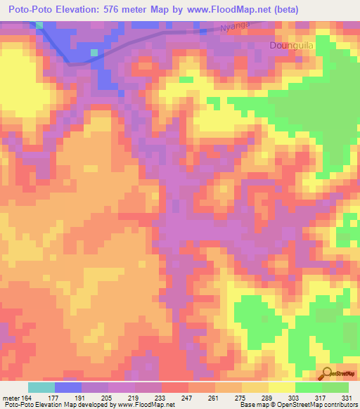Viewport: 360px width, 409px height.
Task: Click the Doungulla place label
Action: (290, 46)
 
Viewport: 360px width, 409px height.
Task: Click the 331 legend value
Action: (347, 397)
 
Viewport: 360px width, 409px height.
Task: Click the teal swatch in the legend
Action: (41, 387)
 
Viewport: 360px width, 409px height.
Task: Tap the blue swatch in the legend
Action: (67, 387)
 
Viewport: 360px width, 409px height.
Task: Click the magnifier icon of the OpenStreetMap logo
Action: (328, 373)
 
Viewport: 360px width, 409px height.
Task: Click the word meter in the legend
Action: (11, 397)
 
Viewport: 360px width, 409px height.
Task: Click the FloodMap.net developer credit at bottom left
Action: (88, 405)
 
